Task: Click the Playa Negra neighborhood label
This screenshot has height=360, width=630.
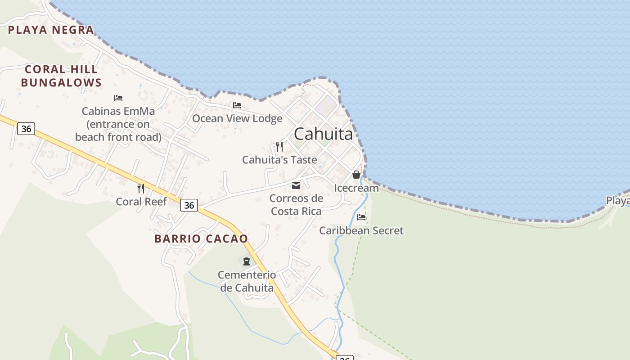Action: point(51,30)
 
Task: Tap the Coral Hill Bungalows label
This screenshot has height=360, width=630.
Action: point(61,76)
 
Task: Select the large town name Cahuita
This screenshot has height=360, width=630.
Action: point(323,134)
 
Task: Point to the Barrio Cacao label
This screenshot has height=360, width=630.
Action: point(201,238)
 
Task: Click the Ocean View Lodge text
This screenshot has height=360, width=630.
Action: point(237,118)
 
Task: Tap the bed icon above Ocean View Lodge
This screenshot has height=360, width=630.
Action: point(237,105)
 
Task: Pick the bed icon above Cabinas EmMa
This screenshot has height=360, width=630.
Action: point(118,98)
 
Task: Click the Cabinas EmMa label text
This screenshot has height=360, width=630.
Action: point(118,124)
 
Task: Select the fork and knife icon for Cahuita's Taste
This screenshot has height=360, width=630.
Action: point(279,146)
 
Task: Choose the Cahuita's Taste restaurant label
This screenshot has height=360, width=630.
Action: point(279,160)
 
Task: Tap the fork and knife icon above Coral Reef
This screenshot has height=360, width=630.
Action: point(141,188)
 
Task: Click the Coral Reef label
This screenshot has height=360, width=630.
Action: point(141,202)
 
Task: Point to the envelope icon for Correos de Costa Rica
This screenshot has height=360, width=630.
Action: point(296,185)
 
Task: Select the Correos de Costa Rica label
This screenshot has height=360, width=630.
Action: point(297,205)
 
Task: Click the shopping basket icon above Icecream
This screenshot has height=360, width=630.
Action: point(356,175)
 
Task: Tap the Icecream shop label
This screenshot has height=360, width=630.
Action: point(356,188)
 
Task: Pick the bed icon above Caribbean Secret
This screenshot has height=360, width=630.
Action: point(361,217)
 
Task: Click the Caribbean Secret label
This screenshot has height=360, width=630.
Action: point(361,231)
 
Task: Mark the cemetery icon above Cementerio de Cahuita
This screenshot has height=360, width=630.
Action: point(247,261)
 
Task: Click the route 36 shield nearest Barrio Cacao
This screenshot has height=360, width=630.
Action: point(189,205)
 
